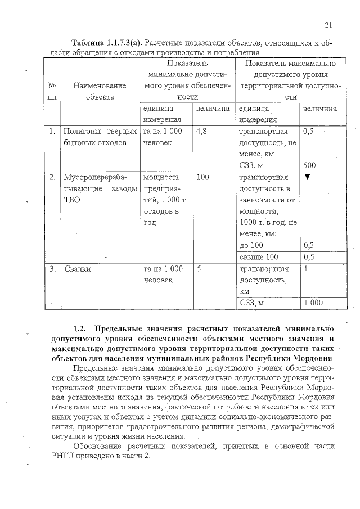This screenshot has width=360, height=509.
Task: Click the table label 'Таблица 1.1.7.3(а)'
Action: pos(105,43)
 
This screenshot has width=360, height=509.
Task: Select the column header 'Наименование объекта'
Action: pos(98,91)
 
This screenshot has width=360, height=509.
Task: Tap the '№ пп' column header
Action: pos(52,91)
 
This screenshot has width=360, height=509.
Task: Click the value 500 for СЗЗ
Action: pos(309,166)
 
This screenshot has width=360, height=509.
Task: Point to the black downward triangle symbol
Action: pos(307,178)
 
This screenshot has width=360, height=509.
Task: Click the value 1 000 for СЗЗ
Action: pos(313,303)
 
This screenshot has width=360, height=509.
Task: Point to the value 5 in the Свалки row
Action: pos(200,269)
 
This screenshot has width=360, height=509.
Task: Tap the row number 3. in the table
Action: pos(52,269)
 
